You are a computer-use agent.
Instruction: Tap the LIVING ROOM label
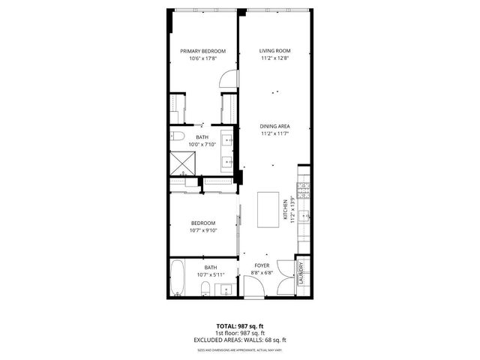click(275, 51)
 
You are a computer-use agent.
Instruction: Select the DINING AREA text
click(275, 126)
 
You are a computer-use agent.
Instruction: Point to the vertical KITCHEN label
click(285, 210)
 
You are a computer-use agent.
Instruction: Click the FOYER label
click(262, 265)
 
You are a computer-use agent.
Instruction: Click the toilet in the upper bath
click(177, 137)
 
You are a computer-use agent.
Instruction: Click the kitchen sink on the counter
click(303, 217)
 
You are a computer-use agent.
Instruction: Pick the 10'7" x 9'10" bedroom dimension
click(202, 230)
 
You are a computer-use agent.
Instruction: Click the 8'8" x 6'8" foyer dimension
click(262, 273)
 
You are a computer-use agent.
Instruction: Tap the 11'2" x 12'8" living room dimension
click(275, 58)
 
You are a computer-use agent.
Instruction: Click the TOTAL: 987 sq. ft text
click(240, 325)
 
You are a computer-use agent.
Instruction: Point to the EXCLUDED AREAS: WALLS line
click(240, 340)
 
